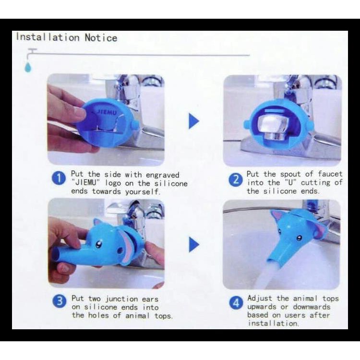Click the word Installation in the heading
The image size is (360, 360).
tap(48, 37)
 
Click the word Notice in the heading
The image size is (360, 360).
tap(101, 37)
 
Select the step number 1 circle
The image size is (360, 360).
tap(59, 179)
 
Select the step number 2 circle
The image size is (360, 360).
tap(235, 180)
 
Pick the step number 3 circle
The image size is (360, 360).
tap(59, 301)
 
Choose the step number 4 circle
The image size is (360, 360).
tap(236, 302)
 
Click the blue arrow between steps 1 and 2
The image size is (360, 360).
tap(194, 121)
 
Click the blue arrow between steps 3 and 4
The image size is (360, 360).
tap(194, 244)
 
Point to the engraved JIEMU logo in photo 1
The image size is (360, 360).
tap(106, 112)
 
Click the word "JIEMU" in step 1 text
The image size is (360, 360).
tap(86, 183)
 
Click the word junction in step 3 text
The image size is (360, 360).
tap(121, 299)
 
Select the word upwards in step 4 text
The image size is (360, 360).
tap(262, 307)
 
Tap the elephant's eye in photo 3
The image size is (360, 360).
tap(99, 244)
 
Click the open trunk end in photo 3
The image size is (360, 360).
tap(56, 254)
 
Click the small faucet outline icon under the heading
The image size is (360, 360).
tap(32, 53)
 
